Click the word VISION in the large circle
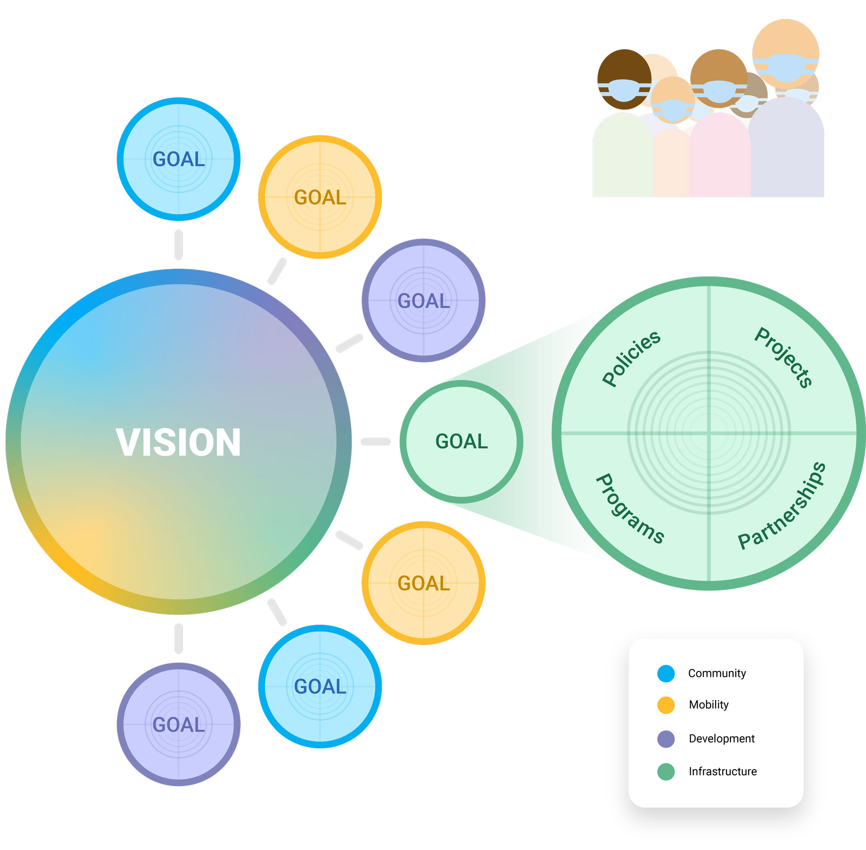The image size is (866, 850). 178,442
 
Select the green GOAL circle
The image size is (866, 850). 461,442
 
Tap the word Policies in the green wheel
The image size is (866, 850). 631,358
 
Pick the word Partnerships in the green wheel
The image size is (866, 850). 782,505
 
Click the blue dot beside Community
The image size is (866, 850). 666,673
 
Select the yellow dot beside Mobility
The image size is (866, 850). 666,705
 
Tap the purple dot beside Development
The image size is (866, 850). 666,739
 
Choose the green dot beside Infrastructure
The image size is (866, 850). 666,771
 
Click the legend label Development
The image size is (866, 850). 721,739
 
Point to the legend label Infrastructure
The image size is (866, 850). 723,771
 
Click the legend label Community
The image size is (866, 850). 717,674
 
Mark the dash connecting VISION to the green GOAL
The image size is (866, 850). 375,442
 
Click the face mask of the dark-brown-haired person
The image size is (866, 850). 624,90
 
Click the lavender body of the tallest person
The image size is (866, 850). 786,148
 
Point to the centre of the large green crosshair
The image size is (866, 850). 709,433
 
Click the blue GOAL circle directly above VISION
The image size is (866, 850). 178,159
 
